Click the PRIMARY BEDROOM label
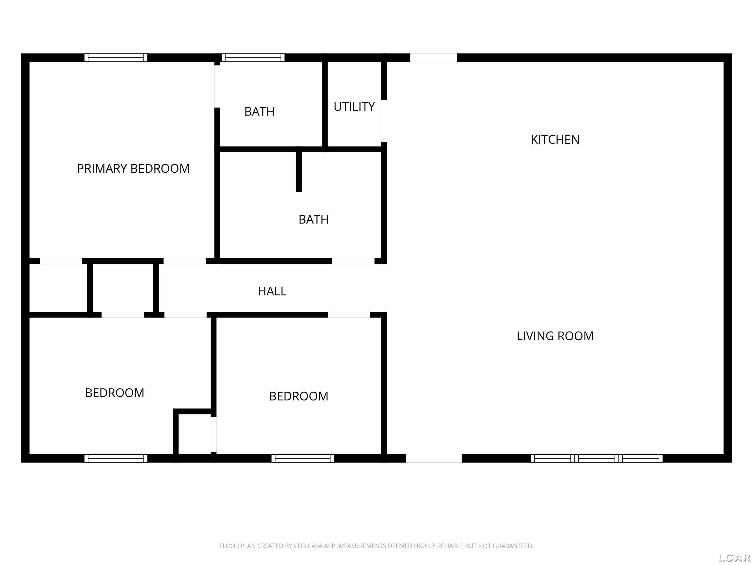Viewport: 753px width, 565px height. [133, 168]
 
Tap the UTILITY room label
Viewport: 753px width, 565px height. [354, 107]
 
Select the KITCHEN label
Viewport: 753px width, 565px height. [555, 140]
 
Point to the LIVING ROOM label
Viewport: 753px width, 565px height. [555, 336]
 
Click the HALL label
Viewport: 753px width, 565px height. [272, 291]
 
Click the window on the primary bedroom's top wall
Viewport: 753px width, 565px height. [116, 58]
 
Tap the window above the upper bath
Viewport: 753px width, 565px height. [253, 58]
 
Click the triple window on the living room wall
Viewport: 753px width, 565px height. [596, 458]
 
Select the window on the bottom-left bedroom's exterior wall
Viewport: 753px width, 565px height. [116, 458]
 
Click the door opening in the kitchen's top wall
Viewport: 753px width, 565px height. [433, 58]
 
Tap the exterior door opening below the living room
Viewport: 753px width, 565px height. [434, 458]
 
